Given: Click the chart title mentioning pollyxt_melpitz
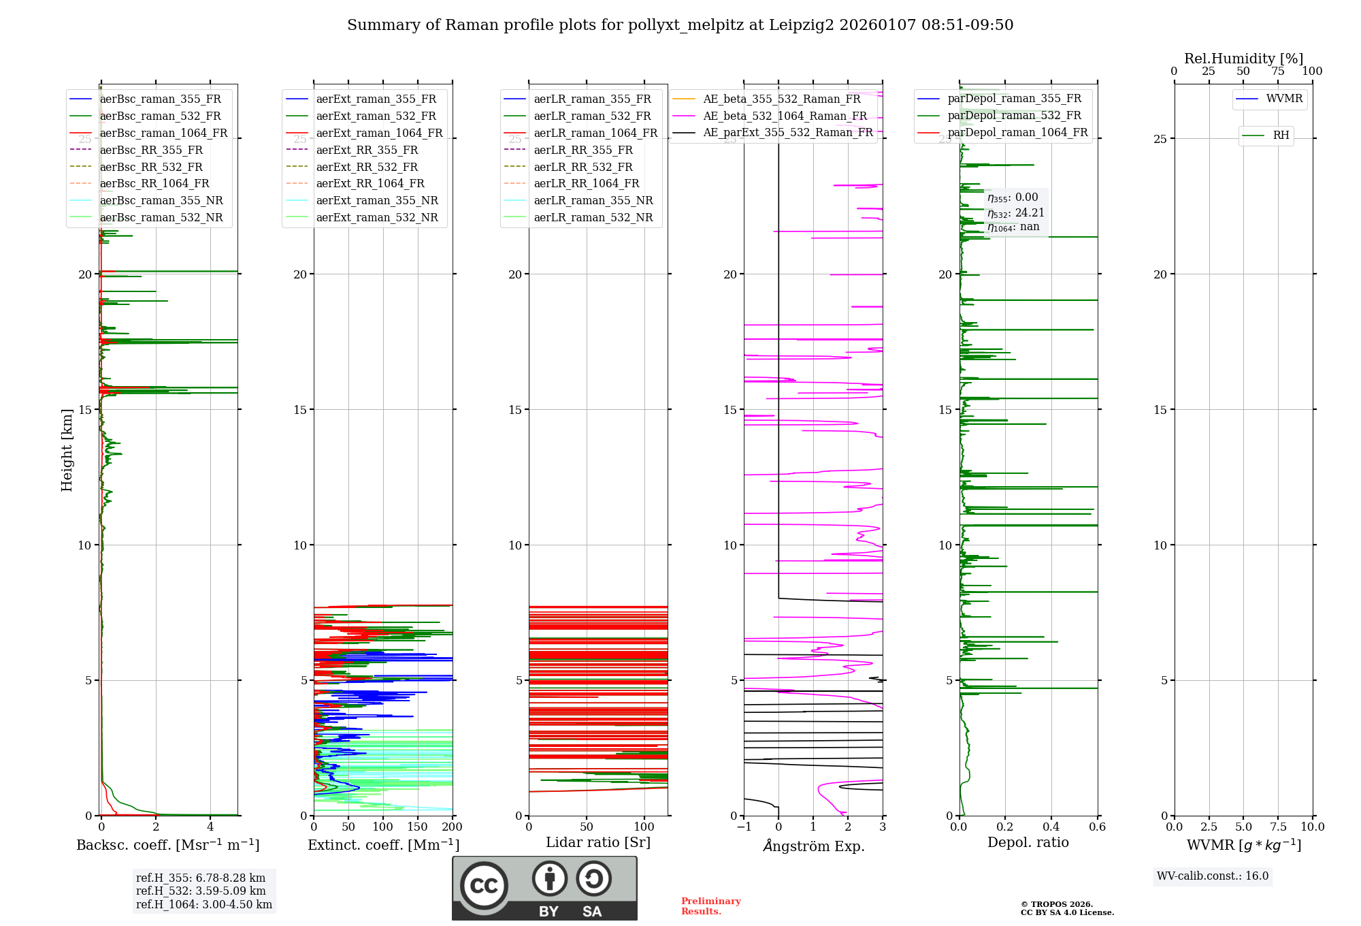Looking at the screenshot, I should pos(680,25).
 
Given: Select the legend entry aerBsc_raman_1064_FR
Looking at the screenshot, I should pos(163,133).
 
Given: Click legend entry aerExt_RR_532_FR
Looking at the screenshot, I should pos(367,167).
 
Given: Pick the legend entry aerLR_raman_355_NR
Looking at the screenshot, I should pos(593,201).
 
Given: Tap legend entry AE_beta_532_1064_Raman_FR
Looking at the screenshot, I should pos(785,116).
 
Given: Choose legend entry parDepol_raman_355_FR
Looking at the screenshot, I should pos(1014,99).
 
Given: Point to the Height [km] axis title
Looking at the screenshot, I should pos(67,450).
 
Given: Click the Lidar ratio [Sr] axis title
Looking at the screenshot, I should pos(598,842).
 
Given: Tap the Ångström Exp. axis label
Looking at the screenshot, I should pos(813,846).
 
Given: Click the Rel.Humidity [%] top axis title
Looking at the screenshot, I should pos(1243,59).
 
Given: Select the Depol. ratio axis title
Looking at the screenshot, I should pos(1028,842).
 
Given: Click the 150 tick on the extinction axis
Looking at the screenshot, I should pos(417,827).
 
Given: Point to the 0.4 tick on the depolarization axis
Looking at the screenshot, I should pos(1051,827).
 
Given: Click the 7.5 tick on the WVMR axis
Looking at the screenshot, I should pos(1278,827).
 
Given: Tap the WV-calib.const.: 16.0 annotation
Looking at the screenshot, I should pos(1213,876).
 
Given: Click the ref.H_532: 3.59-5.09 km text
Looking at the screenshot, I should pos(201,891).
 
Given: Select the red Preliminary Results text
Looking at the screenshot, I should pos(710,906).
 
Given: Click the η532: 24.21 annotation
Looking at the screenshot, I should pos(1015,212).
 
